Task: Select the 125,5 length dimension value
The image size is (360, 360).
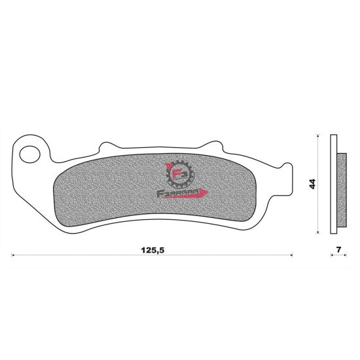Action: (x=152, y=249)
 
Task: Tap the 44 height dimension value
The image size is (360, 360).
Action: (x=313, y=184)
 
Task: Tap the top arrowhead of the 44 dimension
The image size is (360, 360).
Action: (x=318, y=136)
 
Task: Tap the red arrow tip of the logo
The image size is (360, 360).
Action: (x=208, y=192)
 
